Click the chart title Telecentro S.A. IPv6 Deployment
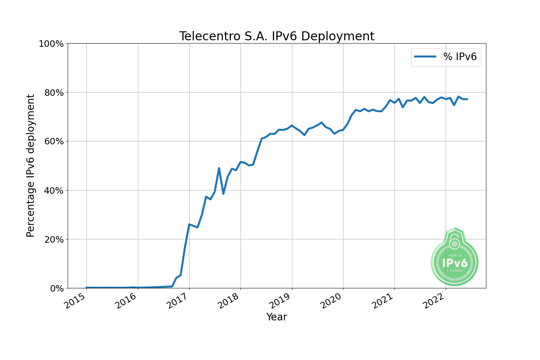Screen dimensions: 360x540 coord(276,36)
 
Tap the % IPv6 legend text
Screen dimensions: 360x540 coord(460,57)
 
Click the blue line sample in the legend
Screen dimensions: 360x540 coord(425,57)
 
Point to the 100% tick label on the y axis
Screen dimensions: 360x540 coord(51,44)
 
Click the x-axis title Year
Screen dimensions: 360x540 coord(276,317)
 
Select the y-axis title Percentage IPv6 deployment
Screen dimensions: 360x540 coord(31,166)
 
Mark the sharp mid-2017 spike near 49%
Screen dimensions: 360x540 coord(219,168)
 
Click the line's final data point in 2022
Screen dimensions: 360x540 coord(467,99)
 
